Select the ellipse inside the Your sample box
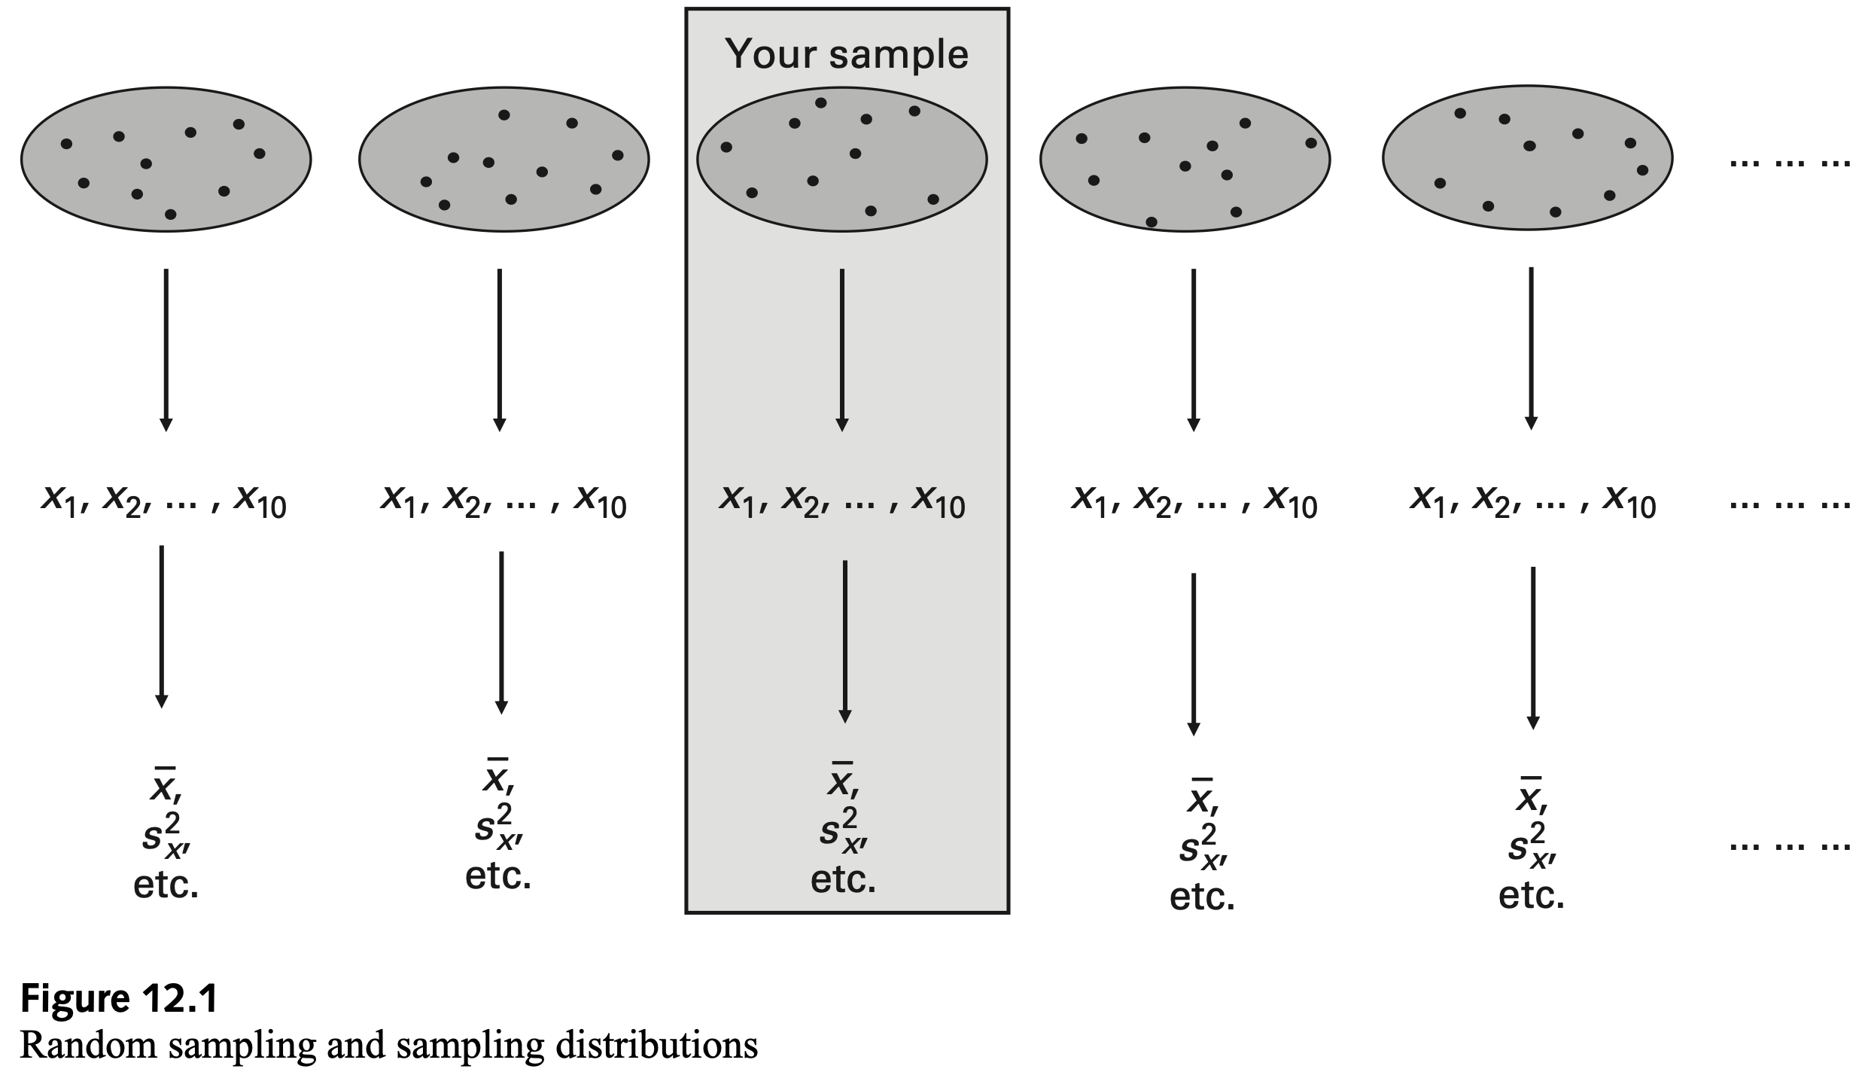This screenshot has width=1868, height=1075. coord(841,159)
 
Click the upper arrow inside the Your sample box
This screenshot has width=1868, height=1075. coord(842,349)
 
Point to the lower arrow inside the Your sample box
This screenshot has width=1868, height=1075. coord(844,641)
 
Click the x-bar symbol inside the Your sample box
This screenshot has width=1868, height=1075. coord(842,783)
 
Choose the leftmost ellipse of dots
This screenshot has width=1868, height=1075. coord(166,159)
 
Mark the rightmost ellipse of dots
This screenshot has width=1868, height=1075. coord(1527,159)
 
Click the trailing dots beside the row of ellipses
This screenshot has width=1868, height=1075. coord(1789,161)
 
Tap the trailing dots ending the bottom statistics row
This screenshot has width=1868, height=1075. coord(1789,846)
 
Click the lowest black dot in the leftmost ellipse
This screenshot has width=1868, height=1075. coord(170,215)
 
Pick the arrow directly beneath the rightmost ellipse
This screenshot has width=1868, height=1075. coord(1530,348)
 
